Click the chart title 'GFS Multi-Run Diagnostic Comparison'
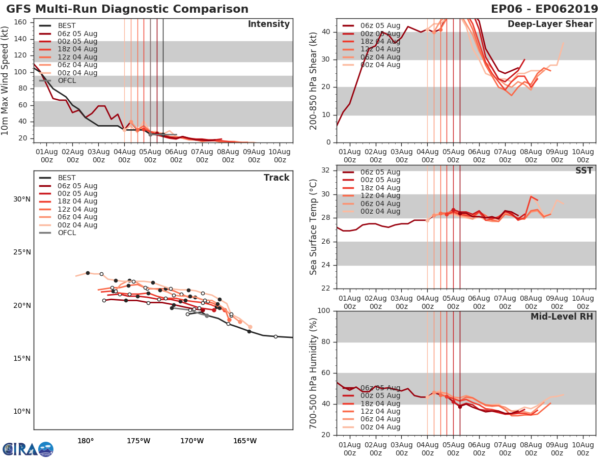[x=127, y=9]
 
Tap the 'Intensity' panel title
[x=268, y=24]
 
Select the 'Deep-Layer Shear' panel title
[x=550, y=24]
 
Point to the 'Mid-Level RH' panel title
[x=562, y=317]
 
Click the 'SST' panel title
[x=584, y=171]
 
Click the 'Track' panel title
[x=276, y=178]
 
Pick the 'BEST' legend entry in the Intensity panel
[x=67, y=25]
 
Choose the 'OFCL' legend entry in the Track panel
[x=67, y=233]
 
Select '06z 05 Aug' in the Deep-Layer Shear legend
[x=379, y=25]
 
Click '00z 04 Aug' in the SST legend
[x=379, y=211]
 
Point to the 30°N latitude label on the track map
[x=21, y=199]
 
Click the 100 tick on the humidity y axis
[x=324, y=311]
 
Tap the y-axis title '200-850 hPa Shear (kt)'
[x=314, y=80]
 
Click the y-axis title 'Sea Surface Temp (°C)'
[x=314, y=226]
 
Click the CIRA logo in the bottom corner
[x=27, y=449]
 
